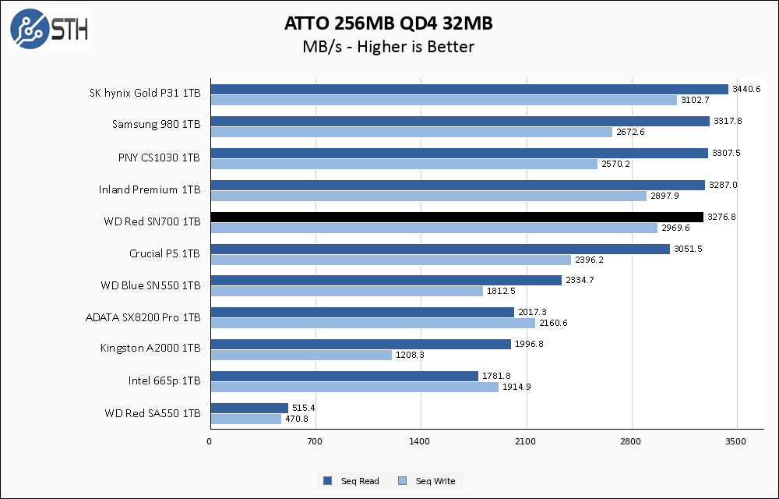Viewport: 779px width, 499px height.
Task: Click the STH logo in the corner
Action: click(x=49, y=28)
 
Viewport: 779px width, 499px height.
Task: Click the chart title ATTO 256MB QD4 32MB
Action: click(x=389, y=24)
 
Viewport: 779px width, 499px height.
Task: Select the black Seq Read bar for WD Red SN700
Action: click(x=456, y=217)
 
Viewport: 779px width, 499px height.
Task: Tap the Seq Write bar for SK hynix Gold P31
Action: click(x=443, y=101)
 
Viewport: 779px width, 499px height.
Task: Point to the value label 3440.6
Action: click(x=746, y=89)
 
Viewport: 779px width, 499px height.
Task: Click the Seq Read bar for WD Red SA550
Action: click(x=249, y=408)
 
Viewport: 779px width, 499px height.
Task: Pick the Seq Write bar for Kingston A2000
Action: click(x=301, y=355)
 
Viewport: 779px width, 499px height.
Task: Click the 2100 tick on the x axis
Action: click(x=526, y=442)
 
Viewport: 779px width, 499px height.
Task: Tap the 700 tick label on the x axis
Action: click(x=315, y=442)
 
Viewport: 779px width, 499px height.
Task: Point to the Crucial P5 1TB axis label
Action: click(x=164, y=253)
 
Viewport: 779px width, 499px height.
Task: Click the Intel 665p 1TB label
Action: click(x=164, y=381)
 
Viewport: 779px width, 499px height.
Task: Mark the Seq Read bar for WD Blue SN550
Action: click(x=386, y=281)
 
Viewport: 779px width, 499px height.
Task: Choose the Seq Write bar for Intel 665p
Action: click(x=354, y=387)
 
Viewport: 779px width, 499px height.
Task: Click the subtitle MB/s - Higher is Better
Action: click(x=389, y=47)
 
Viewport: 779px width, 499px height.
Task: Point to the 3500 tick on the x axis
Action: click(x=736, y=442)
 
